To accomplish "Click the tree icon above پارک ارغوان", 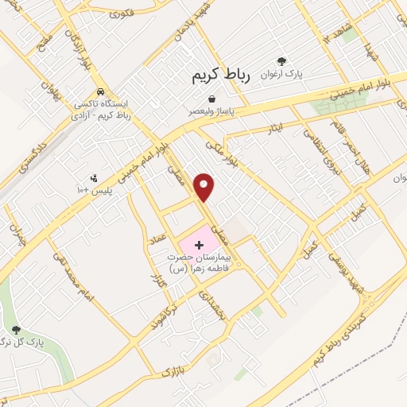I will pyautogui.click(x=280, y=60).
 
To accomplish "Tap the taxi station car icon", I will pyautogui.click(x=100, y=91).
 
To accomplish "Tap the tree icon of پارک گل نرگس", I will pyautogui.click(x=15, y=330).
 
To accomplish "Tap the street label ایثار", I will pyautogui.click(x=274, y=128).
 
